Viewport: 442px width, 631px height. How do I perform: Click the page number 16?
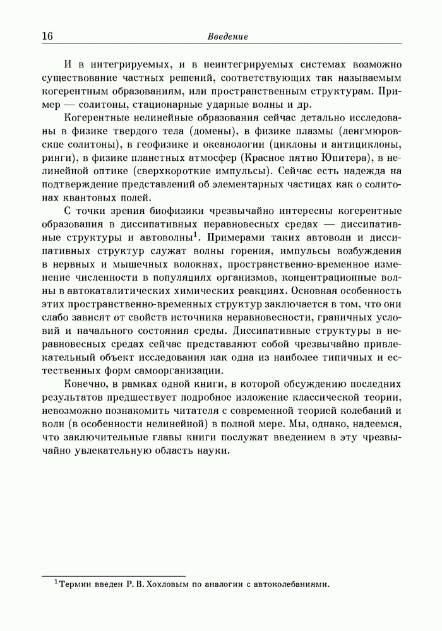tap(47, 36)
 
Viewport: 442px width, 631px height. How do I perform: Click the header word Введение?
tap(228, 37)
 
